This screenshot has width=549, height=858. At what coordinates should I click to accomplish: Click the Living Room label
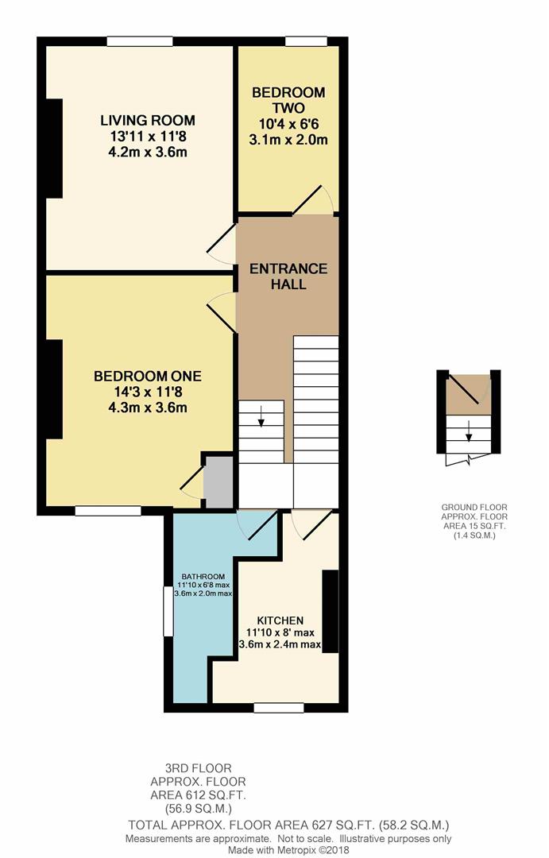[x=147, y=121]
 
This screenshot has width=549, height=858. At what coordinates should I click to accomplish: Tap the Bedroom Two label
[x=288, y=100]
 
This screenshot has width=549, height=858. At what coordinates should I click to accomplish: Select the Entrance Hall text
[x=288, y=276]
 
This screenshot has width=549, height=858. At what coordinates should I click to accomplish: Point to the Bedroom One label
[x=148, y=376]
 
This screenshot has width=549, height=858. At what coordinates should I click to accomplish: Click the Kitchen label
[x=280, y=620]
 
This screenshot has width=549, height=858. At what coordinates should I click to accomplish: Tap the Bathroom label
[x=203, y=576]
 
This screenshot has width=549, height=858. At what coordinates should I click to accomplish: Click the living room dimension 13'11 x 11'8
[x=147, y=137]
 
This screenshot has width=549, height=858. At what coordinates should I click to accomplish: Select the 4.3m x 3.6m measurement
[x=148, y=408]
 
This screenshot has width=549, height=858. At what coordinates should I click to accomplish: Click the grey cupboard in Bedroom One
[x=218, y=482]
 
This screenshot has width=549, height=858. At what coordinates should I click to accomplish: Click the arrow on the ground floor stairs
[x=469, y=431]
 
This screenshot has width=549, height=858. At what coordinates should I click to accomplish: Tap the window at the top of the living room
[x=140, y=41]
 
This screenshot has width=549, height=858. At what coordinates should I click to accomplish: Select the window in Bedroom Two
[x=306, y=41]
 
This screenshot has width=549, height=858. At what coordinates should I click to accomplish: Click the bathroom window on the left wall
[x=168, y=611]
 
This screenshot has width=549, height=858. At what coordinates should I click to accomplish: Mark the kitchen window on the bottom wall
[x=279, y=708]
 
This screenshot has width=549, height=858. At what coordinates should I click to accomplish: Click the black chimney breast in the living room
[x=54, y=149]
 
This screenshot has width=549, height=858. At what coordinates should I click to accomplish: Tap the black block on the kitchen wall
[x=330, y=611]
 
